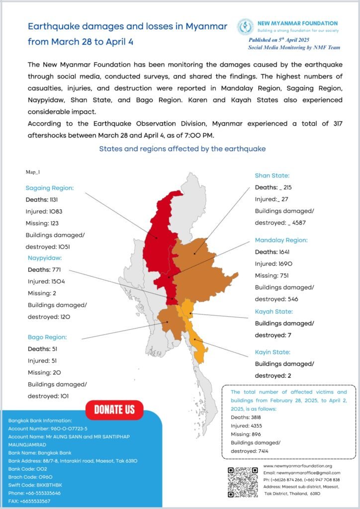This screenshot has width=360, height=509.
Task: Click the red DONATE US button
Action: (x=114, y=409)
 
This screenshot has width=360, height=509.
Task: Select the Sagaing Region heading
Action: (x=50, y=188)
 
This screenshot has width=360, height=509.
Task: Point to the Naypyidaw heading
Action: (x=48, y=258)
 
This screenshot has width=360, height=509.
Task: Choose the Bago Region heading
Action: (x=47, y=337)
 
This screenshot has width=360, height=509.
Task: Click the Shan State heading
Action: (x=272, y=175)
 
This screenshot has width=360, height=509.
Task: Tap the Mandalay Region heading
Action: (x=281, y=240)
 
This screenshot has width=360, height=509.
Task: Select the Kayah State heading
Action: (x=274, y=312)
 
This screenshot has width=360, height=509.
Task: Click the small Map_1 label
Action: (x=33, y=172)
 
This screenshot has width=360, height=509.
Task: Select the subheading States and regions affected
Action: (x=182, y=149)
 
